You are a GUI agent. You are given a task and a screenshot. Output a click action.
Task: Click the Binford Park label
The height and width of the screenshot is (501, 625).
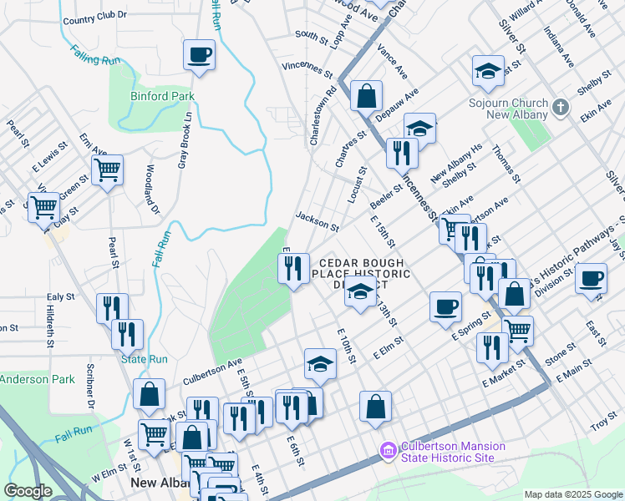(x=162, y=96)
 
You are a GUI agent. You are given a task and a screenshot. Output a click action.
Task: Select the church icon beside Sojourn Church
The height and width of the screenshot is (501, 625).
(x=561, y=107)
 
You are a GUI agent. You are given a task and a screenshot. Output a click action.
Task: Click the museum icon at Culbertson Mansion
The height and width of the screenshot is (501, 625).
(x=386, y=452)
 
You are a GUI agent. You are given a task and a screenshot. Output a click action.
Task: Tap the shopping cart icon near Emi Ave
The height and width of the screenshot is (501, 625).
(x=108, y=170)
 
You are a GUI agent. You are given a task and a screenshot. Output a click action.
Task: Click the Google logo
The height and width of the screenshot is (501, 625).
(x=28, y=491)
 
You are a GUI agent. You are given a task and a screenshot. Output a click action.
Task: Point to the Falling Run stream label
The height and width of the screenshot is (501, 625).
(x=96, y=55)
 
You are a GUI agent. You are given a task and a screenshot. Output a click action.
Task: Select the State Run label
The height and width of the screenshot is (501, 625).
(x=145, y=359)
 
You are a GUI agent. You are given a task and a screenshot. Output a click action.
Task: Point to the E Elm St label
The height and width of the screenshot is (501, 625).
(x=389, y=347)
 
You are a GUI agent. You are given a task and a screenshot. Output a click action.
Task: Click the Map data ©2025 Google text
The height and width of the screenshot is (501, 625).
(x=572, y=493)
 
